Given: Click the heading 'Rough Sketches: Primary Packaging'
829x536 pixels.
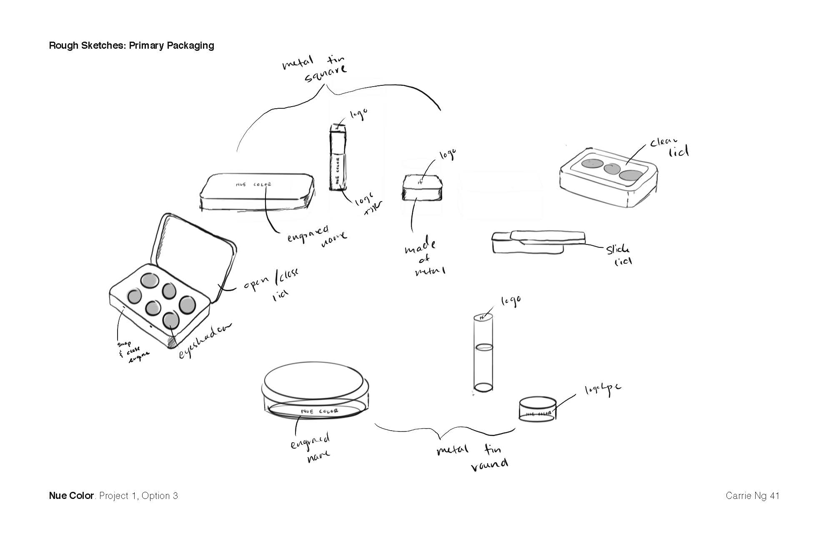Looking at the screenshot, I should (131, 45).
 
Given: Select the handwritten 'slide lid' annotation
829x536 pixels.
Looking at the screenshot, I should (619, 255).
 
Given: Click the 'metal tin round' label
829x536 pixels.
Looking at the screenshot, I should (473, 457).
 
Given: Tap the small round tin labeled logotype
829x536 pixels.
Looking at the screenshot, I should (537, 409).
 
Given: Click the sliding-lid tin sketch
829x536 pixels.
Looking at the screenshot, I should (538, 242).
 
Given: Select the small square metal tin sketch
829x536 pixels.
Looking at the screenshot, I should (422, 188).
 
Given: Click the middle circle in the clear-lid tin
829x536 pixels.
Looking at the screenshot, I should (611, 168).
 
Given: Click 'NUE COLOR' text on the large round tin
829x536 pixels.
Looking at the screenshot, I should (319, 411).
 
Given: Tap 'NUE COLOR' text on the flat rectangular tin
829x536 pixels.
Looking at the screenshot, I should (253, 184).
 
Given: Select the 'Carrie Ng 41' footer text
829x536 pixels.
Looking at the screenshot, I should (752, 496).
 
